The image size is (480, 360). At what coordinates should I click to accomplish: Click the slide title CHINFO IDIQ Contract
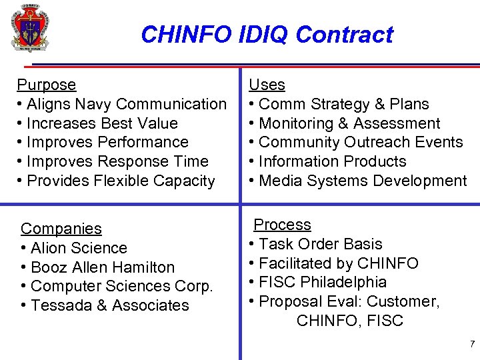[x=267, y=34]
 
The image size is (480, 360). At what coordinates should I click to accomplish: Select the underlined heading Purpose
[x=46, y=85]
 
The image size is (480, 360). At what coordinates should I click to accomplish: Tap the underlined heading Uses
[x=267, y=85]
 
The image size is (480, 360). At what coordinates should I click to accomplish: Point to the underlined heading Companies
[x=61, y=229]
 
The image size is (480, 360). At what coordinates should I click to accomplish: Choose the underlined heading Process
[x=282, y=225]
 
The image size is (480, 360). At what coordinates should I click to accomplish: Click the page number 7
[x=472, y=344]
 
